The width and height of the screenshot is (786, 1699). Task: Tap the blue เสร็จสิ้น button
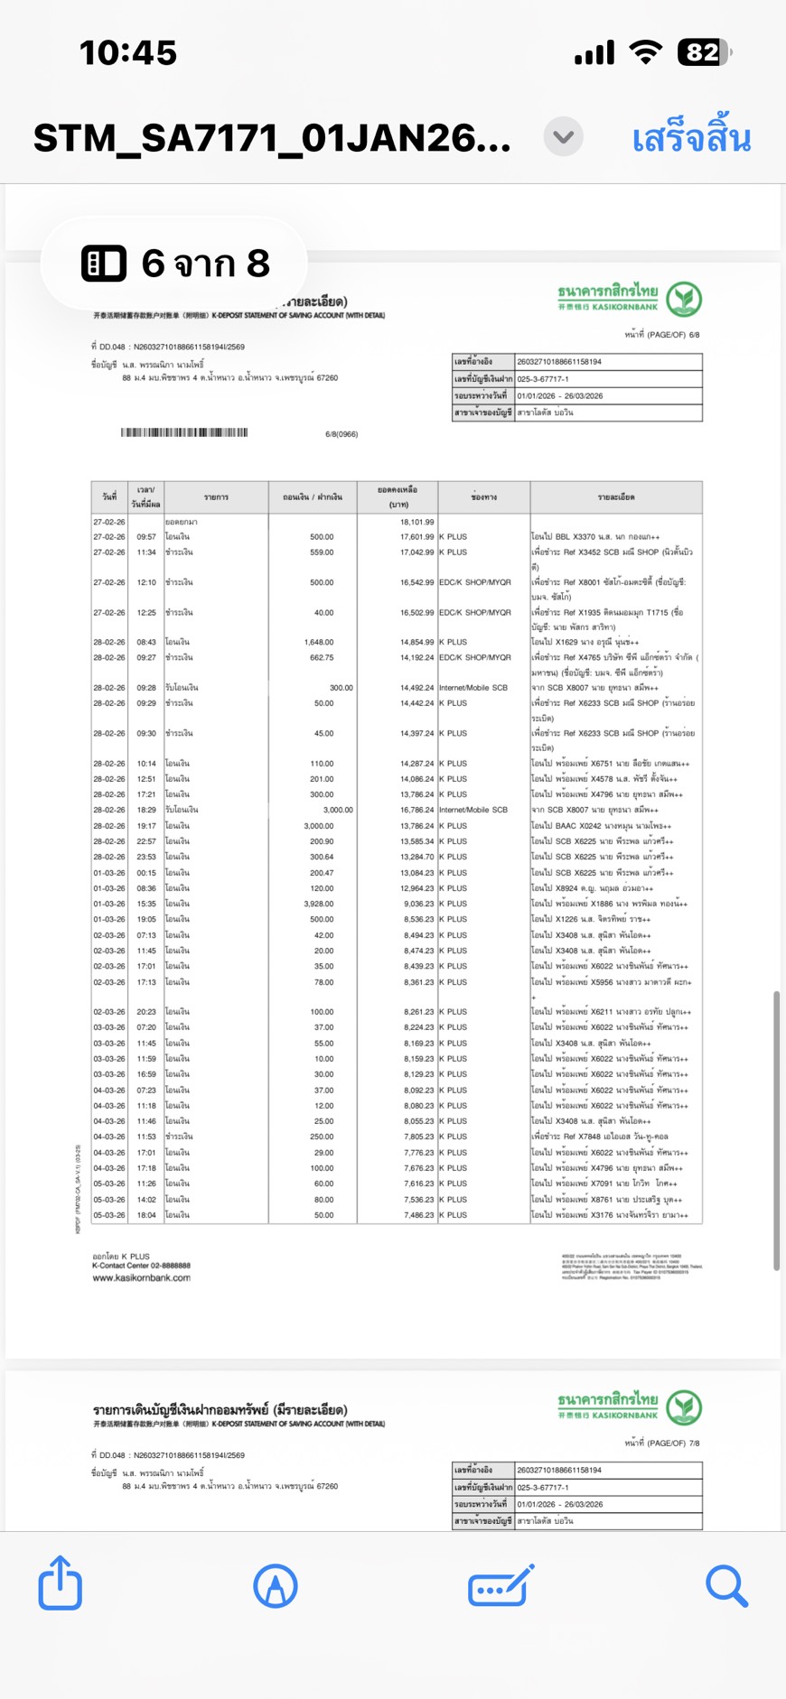pyautogui.click(x=691, y=139)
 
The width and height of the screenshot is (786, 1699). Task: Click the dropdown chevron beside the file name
pyautogui.click(x=564, y=137)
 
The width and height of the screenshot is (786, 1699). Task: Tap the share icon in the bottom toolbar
pyautogui.click(x=61, y=1583)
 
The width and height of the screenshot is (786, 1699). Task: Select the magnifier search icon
pyautogui.click(x=726, y=1586)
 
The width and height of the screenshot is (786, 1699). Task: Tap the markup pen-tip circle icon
pyautogui.click(x=276, y=1586)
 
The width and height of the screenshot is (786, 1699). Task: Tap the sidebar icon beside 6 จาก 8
pyautogui.click(x=104, y=264)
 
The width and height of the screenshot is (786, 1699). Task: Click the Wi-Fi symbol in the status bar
pyautogui.click(x=645, y=52)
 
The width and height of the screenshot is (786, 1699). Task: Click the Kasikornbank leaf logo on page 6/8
pyautogui.click(x=684, y=299)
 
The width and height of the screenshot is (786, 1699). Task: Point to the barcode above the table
pyautogui.click(x=184, y=433)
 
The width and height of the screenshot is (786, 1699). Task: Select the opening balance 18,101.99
pyautogui.click(x=416, y=522)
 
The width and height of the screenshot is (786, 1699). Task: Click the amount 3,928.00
pyautogui.click(x=319, y=904)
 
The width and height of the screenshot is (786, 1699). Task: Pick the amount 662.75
pyautogui.click(x=321, y=657)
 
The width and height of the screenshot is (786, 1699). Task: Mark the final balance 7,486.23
pyautogui.click(x=418, y=1215)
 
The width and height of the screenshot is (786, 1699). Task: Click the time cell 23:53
pyautogui.click(x=146, y=857)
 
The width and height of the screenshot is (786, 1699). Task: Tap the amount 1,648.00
pyautogui.click(x=319, y=642)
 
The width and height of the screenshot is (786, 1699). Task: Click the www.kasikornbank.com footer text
pyautogui.click(x=141, y=1277)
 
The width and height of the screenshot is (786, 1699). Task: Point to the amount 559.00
pyautogui.click(x=322, y=552)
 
